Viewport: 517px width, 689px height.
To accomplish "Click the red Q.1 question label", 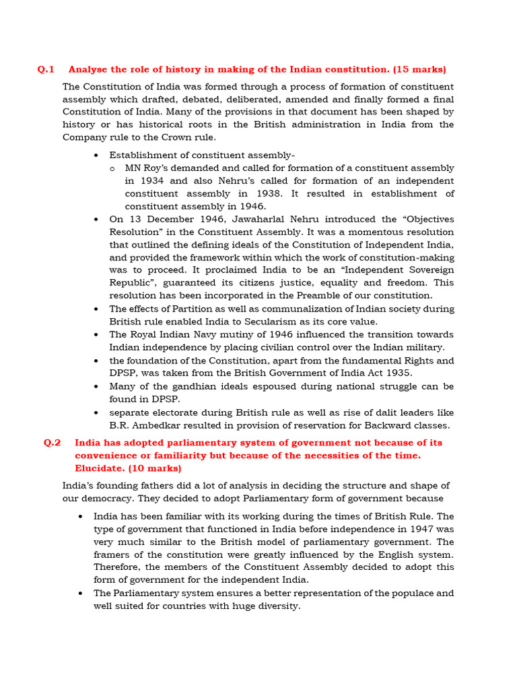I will coord(45,69).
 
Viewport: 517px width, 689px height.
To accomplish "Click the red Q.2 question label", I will coord(52,443).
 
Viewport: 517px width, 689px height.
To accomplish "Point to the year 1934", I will coord(139,181).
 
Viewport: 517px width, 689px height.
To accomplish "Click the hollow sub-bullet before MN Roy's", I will coord(112,168).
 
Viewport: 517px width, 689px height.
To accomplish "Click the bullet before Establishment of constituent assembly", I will coord(98,155).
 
